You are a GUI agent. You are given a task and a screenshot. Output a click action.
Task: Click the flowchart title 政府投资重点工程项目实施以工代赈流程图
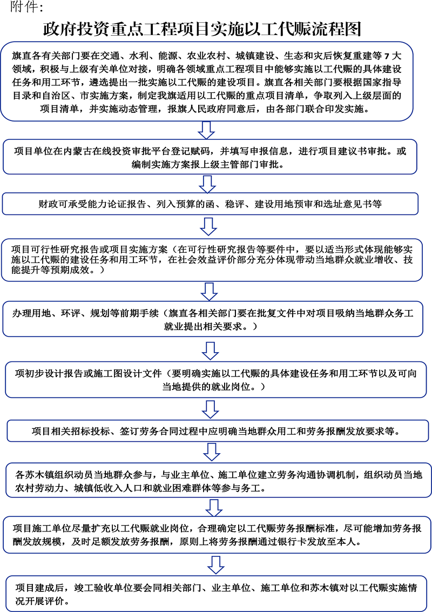[x=202, y=29]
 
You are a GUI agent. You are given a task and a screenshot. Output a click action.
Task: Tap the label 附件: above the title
[x=26, y=6]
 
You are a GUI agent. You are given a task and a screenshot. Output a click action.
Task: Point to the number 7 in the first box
[x=387, y=56]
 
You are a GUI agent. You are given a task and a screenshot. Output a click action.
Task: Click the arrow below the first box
[x=206, y=130]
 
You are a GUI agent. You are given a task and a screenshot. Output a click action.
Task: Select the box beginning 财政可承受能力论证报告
[x=211, y=204]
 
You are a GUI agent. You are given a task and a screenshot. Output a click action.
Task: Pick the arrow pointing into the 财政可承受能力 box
[x=207, y=184]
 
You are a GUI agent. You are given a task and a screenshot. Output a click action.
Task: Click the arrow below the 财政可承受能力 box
[x=208, y=227]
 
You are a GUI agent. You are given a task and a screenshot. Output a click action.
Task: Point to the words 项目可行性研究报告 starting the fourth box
[x=55, y=250]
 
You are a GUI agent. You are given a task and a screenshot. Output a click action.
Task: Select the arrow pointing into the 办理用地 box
[x=209, y=292]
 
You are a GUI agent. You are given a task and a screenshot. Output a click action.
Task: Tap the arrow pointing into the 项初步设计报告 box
[x=211, y=351]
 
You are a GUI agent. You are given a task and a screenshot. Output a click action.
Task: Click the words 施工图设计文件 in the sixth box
[x=127, y=374]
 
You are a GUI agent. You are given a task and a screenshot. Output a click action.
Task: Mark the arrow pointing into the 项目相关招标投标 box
[x=211, y=409]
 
